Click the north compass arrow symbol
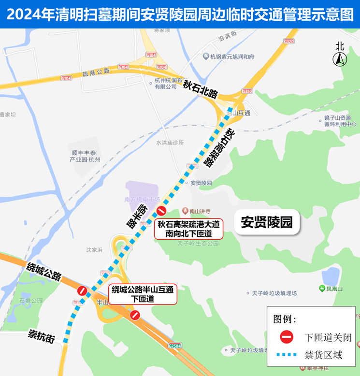[340, 59]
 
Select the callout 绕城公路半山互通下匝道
[143, 294]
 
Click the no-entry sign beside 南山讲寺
[161, 211]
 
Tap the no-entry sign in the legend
[287, 337]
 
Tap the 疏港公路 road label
[96, 72]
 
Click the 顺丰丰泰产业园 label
[85, 156]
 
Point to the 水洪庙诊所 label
[170, 143]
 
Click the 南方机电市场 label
[142, 200]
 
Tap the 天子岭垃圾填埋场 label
[274, 293]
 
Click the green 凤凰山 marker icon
[322, 289]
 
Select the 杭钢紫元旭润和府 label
[232, 57]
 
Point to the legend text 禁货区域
[323, 355]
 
